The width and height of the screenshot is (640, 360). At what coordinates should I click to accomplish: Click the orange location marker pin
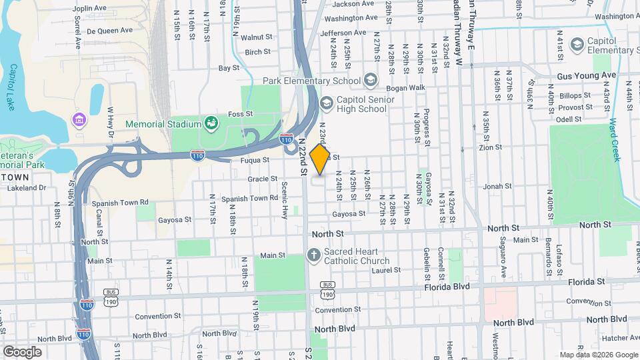click(320, 159)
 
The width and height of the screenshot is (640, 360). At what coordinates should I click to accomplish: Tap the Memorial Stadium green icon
click(211, 123)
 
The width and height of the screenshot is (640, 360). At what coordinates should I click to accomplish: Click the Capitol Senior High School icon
click(326, 103)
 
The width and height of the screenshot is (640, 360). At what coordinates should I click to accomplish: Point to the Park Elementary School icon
click(370, 81)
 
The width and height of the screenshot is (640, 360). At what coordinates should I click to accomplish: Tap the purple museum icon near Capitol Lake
click(79, 120)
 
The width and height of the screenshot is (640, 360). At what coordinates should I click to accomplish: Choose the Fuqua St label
click(255, 160)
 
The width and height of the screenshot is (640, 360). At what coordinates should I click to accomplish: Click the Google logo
click(22, 351)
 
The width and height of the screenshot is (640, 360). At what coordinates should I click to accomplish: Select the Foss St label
click(240, 114)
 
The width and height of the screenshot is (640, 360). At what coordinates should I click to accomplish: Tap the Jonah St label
click(497, 187)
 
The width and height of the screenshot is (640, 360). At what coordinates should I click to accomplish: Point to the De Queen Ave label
click(106, 31)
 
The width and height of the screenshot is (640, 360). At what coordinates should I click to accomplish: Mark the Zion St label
click(490, 147)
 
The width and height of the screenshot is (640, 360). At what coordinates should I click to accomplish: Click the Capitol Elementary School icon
click(575, 44)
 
